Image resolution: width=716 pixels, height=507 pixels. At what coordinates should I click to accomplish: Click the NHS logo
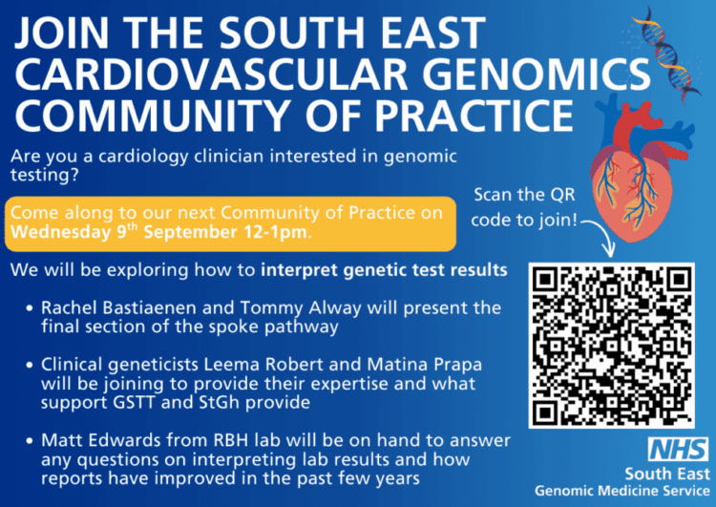pyautogui.click(x=678, y=449)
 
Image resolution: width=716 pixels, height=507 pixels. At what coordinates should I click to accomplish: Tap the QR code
pyautogui.click(x=611, y=346)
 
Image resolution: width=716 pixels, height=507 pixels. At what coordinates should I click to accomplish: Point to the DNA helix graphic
pyautogui.click(x=665, y=53)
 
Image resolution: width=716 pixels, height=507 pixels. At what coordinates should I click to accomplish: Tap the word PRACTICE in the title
pyautogui.click(x=474, y=115)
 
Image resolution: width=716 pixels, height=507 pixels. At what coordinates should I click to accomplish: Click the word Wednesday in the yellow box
pyautogui.click(x=61, y=232)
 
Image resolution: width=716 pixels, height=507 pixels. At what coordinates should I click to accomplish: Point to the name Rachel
pyautogui.click(x=70, y=307)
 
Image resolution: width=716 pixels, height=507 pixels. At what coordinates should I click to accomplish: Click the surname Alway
pyautogui.click(x=335, y=308)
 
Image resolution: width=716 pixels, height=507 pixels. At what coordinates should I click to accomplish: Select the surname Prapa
pyautogui.click(x=458, y=365)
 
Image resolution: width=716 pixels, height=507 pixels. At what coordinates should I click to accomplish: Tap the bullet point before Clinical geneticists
pyautogui.click(x=30, y=365)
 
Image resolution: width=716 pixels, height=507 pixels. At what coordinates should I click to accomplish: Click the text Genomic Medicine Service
pyautogui.click(x=621, y=491)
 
